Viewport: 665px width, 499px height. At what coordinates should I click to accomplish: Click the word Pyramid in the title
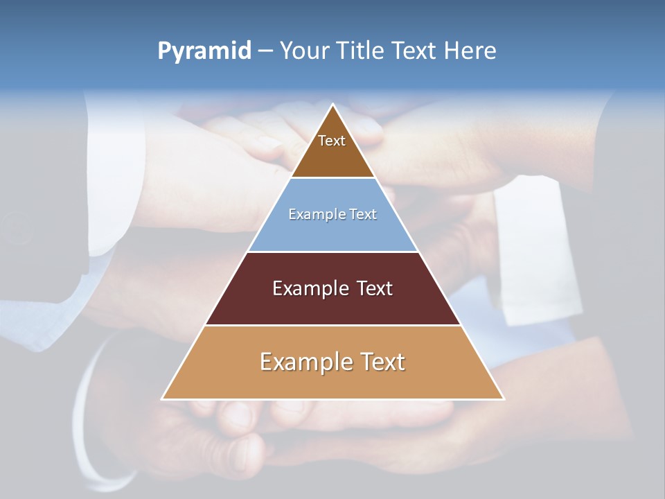204,51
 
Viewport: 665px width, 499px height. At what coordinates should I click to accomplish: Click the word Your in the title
303,51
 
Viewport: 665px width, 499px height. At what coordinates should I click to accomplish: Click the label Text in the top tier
332,141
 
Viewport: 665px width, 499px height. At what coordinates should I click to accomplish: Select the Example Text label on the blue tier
332,214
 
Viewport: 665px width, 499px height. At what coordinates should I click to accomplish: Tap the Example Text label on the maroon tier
332,288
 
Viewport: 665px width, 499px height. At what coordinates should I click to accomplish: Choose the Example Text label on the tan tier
332,362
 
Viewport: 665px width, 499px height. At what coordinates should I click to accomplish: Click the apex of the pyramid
333,105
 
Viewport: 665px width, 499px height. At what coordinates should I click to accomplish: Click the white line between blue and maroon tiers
332,252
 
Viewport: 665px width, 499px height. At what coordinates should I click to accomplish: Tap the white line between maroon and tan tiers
332,325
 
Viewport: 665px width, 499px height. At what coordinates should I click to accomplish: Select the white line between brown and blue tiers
332,178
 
